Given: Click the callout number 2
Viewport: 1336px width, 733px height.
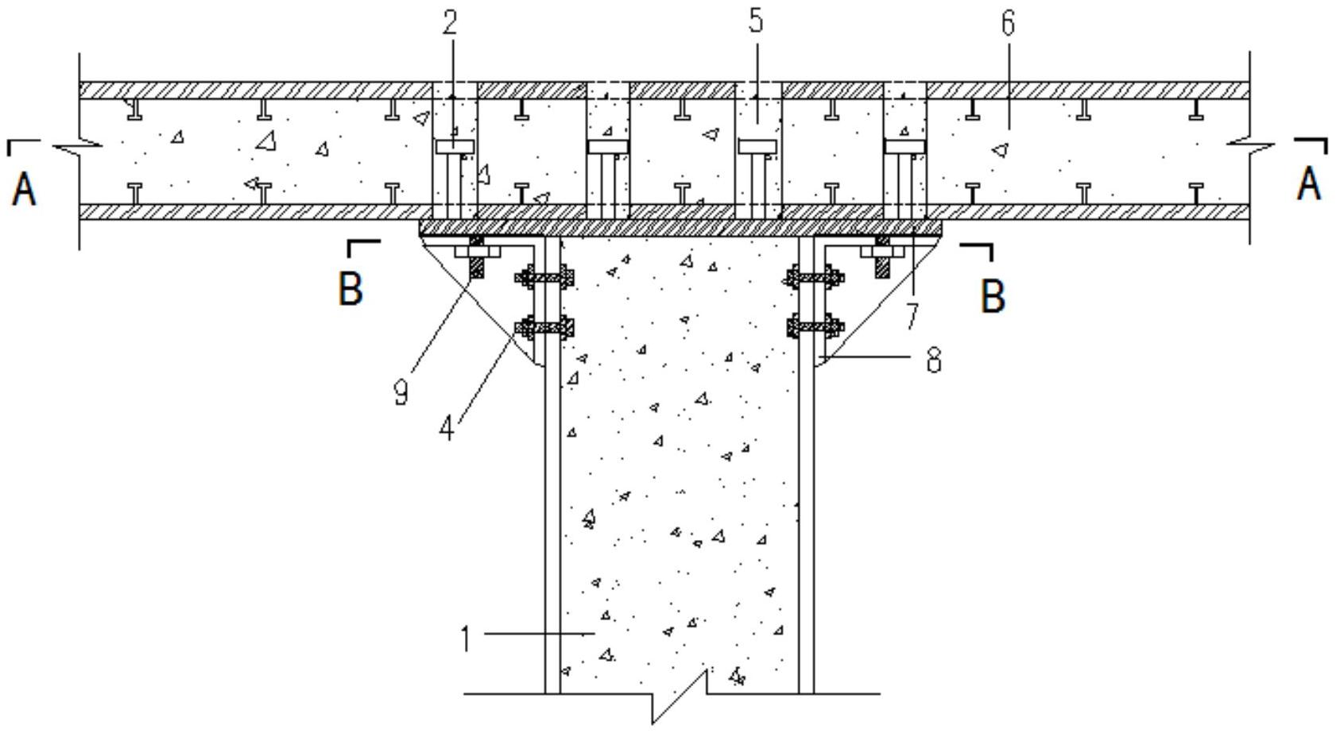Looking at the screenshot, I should pos(450,23).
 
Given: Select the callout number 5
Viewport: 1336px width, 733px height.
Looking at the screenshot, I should pos(755,21).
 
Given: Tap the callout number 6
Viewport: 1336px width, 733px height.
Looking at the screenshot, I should pos(1008,24).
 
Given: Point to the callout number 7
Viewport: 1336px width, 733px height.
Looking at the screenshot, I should pos(912,317).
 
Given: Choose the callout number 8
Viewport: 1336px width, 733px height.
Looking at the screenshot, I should pos(934,360).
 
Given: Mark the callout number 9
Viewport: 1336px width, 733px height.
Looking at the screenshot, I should pos(401,392).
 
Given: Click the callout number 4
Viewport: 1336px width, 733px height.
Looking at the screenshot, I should pos(447,428).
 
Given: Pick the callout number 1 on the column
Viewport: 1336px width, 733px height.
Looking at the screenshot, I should pos(467,638).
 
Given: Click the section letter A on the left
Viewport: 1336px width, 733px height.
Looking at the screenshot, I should pos(25,189).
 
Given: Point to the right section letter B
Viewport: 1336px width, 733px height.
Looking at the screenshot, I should pos(993,295).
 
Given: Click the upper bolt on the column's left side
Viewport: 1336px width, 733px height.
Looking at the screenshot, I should pos(545,278).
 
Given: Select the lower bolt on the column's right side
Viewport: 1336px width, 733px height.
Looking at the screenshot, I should pos(815,326).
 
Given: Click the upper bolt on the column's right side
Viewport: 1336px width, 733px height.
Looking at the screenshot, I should pos(815,278).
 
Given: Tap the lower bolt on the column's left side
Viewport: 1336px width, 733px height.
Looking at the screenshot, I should pos(545,326).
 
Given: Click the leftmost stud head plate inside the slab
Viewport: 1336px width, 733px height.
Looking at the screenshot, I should pos(455,146).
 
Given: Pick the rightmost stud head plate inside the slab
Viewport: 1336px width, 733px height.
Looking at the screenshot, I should pos(905,146).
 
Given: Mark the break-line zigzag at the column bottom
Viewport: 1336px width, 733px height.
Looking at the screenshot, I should pos(680,694).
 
